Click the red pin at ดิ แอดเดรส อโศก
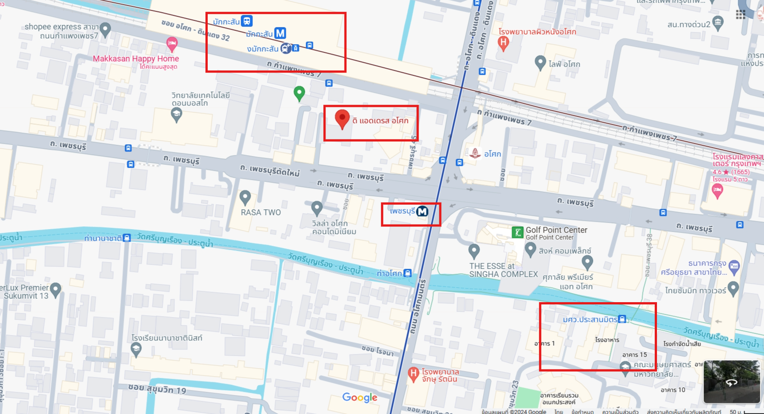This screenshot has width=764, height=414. pyautogui.click(x=342, y=119)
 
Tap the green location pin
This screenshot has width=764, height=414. pyautogui.click(x=299, y=93)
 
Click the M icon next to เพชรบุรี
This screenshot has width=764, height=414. pyautogui.click(x=422, y=211)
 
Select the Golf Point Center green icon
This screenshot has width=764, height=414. pyautogui.click(x=517, y=232)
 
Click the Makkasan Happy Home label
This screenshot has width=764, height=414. pyautogui.click(x=135, y=59)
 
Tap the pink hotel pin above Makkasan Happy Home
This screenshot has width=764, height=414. pyautogui.click(x=172, y=44)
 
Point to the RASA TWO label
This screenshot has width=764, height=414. pyautogui.click(x=261, y=212)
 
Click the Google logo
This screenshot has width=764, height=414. pyautogui.click(x=359, y=397)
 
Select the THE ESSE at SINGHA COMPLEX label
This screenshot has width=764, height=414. pyautogui.click(x=503, y=270)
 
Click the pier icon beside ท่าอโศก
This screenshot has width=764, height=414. pyautogui.click(x=408, y=273)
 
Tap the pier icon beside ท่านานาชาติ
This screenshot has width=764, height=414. pyautogui.click(x=127, y=238)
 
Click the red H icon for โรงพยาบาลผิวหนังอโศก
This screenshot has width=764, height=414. pyautogui.click(x=503, y=42)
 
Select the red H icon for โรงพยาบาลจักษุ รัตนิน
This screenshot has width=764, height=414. pyautogui.click(x=413, y=373)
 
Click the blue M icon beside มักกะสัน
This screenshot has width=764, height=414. pyautogui.click(x=280, y=33)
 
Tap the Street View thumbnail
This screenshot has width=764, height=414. pyautogui.click(x=731, y=381)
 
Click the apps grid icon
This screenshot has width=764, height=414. pyautogui.click(x=741, y=14)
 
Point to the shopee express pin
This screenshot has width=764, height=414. pyautogui.click(x=105, y=30)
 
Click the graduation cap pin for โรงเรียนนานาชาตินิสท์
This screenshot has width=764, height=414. pyautogui.click(x=136, y=348)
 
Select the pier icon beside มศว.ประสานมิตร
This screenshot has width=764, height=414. pyautogui.click(x=622, y=319)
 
